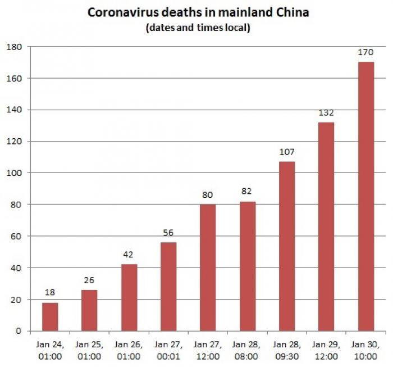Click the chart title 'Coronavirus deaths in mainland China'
pyautogui.click(x=198, y=12)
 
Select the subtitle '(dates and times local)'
pyautogui.click(x=198, y=28)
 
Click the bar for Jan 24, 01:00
pyautogui.click(x=50, y=317)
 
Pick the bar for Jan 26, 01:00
pyautogui.click(x=129, y=298)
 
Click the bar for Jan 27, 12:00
pyautogui.click(x=208, y=268)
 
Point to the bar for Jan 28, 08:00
pyautogui.click(x=247, y=266)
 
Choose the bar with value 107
pyautogui.click(x=287, y=246)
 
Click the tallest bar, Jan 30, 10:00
pyautogui.click(x=365, y=197)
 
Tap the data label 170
pyautogui.click(x=365, y=53)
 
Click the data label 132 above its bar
pyautogui.click(x=326, y=114)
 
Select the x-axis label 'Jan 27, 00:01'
pyautogui.click(x=168, y=351)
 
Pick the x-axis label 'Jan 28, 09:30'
pyautogui.click(x=287, y=351)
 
